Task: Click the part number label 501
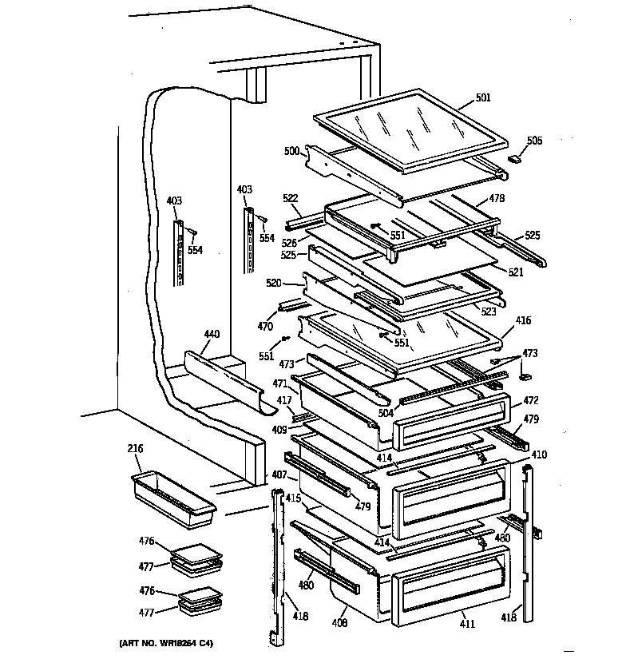pyautogui.click(x=483, y=98)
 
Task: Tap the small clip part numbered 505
pyautogui.click(x=516, y=158)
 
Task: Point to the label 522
pyautogui.click(x=290, y=197)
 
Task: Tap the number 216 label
pyautogui.click(x=134, y=450)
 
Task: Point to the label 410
pyautogui.click(x=539, y=455)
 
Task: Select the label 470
pyautogui.click(x=265, y=326)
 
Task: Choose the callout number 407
pyautogui.click(x=279, y=474)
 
